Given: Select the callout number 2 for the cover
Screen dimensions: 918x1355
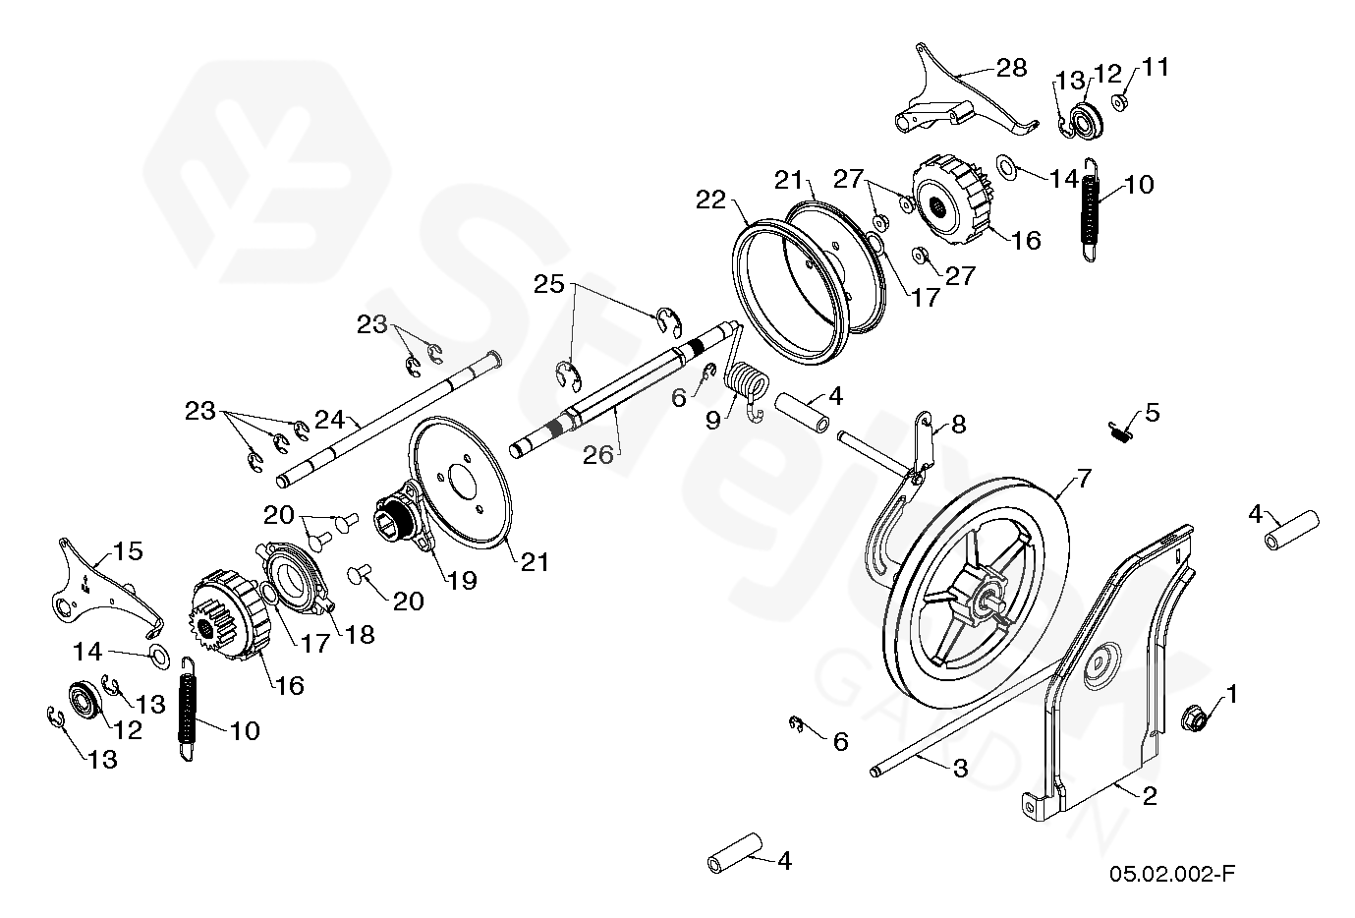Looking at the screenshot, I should tap(1148, 795).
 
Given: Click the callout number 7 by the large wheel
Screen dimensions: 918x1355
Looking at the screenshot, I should tap(1083, 480).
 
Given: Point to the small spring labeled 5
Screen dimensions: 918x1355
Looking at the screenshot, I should tap(1118, 430).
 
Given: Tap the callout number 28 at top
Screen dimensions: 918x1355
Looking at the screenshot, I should tap(1011, 67).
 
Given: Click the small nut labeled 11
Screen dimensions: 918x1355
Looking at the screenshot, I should tap(1119, 102).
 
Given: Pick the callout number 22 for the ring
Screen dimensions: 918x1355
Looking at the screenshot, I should tap(711, 200).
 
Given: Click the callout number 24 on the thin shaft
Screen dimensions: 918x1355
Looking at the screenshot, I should tap(330, 420).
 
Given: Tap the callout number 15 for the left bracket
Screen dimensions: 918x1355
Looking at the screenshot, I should tap(128, 551).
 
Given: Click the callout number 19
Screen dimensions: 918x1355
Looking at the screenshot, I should tap(462, 580).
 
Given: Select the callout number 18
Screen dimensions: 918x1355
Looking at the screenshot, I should tap(360, 634).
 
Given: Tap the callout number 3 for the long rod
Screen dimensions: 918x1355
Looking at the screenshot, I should tap(959, 769).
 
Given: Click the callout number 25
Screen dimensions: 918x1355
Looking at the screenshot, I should tap(549, 284).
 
